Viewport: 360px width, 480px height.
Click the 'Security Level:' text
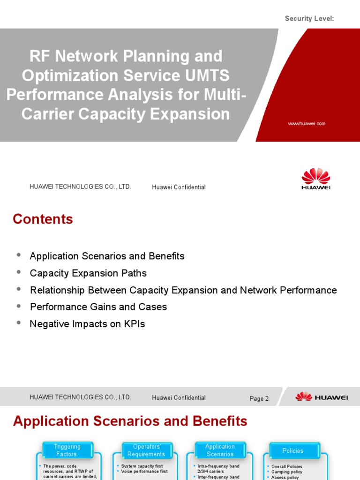point(309,18)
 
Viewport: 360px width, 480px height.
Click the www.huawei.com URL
point(307,124)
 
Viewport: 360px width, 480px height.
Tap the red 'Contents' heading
point(43,219)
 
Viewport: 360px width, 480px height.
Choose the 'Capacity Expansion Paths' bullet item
point(88,273)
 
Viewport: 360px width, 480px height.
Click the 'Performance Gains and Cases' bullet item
point(98,307)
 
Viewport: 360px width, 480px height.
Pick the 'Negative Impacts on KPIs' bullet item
point(87,324)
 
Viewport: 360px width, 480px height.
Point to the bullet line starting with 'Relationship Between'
point(183,290)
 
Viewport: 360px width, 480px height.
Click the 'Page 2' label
point(259,398)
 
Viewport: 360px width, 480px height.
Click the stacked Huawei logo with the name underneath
point(315,179)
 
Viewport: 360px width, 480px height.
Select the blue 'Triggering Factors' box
point(67,450)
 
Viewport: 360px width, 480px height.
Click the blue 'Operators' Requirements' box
point(146,450)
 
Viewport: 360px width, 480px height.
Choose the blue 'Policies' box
point(293,450)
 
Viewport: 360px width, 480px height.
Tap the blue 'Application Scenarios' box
point(220,450)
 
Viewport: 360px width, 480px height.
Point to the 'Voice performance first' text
point(144,472)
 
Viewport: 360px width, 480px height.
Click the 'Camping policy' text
point(286,472)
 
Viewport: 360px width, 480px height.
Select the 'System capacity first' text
point(142,466)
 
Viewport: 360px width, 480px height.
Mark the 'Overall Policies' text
point(286,466)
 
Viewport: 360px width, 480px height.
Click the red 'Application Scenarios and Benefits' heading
point(130,421)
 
